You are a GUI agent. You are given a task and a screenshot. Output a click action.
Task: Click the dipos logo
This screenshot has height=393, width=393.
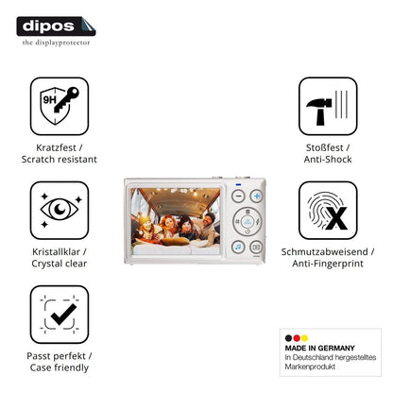click(56, 26)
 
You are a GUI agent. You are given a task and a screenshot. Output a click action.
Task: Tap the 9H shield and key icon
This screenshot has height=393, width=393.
click(60, 106)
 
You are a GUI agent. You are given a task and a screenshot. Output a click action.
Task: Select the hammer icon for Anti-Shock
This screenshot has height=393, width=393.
click(328, 106)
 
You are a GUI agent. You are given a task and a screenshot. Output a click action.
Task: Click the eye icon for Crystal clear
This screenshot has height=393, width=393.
click(60, 210)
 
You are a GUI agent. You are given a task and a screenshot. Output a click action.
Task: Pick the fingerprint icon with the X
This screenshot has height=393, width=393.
click(328, 210)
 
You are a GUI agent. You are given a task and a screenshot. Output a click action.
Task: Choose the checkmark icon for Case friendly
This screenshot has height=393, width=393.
click(60, 315)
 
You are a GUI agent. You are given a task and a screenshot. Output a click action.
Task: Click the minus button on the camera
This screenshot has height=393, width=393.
click(238, 196)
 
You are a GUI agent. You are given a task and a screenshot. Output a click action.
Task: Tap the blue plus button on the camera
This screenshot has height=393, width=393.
click(257, 196)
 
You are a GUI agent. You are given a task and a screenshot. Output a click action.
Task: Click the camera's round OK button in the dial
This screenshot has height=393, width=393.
click(248, 221)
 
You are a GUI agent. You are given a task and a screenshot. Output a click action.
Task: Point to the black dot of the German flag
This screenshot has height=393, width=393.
click(288, 338)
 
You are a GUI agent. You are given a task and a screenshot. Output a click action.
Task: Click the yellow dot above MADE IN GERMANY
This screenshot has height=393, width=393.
click(304, 338)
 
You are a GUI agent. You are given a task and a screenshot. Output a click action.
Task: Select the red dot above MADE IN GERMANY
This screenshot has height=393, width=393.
click(297, 338)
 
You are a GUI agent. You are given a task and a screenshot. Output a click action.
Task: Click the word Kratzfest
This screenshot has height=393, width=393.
click(56, 147)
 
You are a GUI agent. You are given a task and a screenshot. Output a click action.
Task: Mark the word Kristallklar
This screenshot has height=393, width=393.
click(56, 251)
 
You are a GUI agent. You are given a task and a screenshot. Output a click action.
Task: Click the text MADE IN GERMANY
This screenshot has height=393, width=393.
click(319, 348)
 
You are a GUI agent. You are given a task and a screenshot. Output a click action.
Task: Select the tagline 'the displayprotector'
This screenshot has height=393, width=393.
click(56, 43)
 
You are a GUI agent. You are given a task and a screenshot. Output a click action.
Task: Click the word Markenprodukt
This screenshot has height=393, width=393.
click(310, 367)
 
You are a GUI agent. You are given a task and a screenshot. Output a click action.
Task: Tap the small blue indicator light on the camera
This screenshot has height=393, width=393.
click(238, 184)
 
